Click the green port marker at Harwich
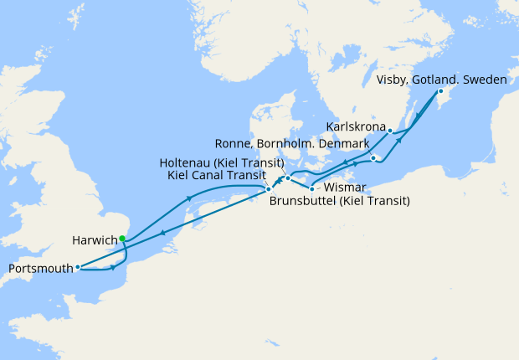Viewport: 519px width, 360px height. click(122, 239)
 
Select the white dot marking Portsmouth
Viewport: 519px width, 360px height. click(77, 268)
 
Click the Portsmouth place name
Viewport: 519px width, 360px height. click(39, 269)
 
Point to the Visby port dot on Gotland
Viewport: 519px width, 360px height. click(441, 91)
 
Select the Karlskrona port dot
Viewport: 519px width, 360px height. click(390, 131)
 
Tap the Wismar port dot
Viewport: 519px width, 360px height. click(311, 188)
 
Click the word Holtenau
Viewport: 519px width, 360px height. click(187, 162)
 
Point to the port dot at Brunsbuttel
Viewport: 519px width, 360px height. click(268, 189)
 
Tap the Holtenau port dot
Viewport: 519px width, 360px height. click(287, 178)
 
